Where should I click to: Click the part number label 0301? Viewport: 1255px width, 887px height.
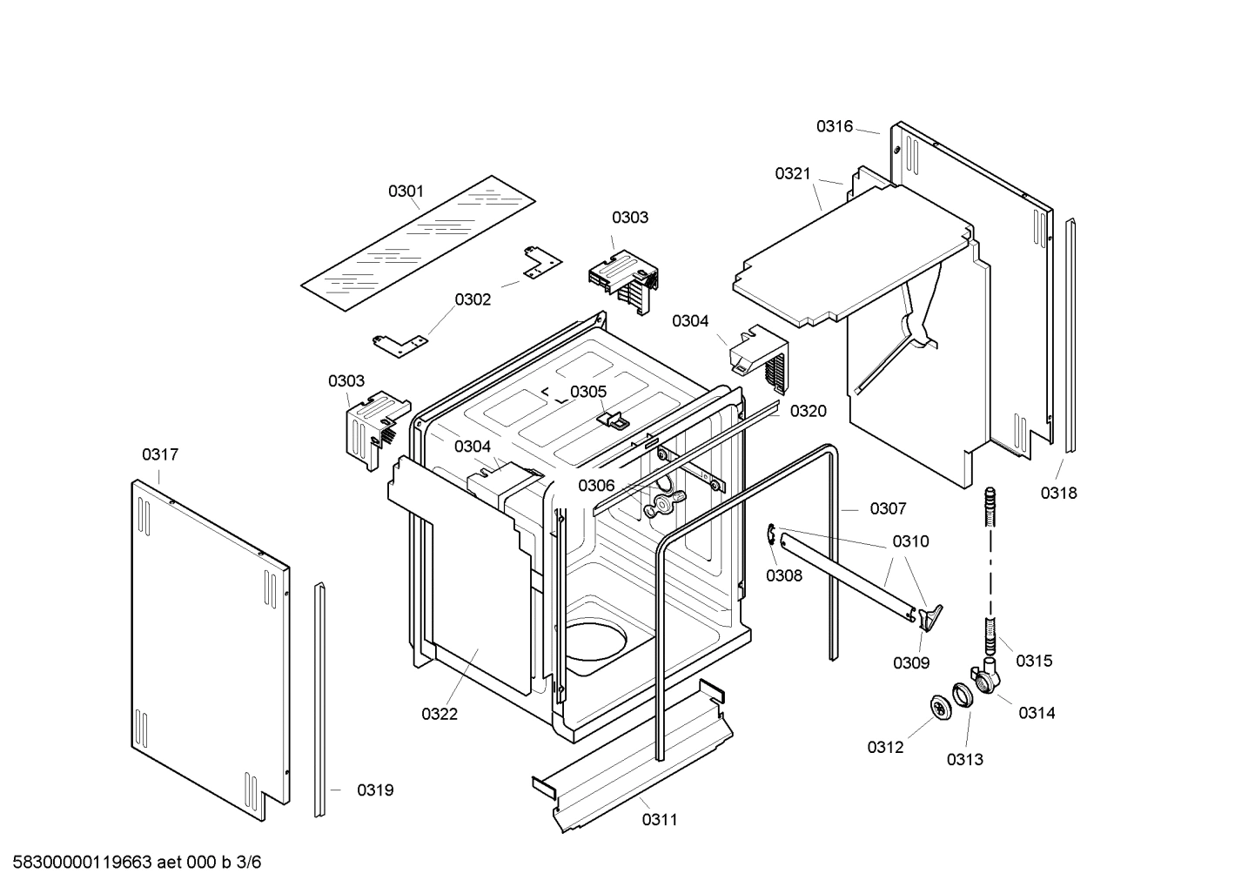[406, 191]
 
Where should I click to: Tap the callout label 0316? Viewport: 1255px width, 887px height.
[834, 126]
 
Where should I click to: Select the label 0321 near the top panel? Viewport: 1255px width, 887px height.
[793, 174]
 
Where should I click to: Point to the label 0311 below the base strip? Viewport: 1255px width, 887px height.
[660, 819]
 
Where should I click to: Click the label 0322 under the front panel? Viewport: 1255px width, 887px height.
[440, 714]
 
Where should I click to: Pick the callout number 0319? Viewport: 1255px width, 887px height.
[375, 790]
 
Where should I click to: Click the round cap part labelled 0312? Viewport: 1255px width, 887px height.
[939, 708]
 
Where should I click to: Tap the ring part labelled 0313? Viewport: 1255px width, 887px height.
[963, 695]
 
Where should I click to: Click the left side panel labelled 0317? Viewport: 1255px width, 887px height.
[209, 644]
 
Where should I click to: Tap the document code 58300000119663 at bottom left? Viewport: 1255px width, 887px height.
[77, 863]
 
